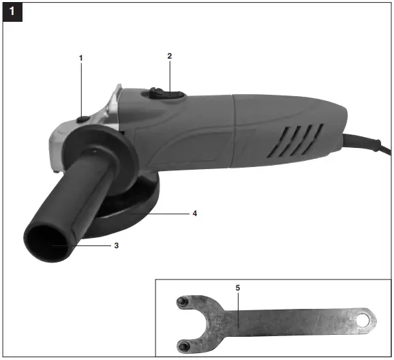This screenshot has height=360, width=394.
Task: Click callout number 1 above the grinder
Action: coord(81,58)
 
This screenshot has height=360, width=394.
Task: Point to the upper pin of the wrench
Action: coord(181,301)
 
